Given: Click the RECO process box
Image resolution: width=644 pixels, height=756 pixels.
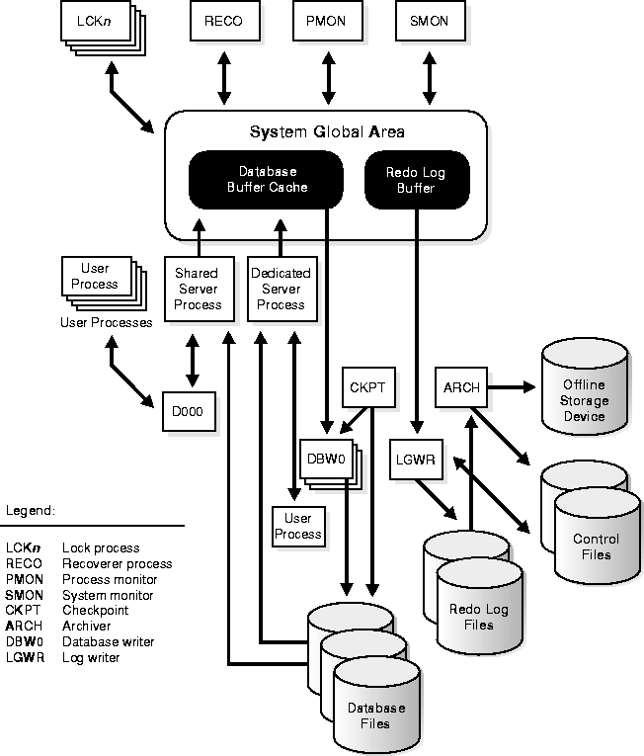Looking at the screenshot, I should pos(223,22).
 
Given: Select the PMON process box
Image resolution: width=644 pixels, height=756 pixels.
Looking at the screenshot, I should pos(326,22).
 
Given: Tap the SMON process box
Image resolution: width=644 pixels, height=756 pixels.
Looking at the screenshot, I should pos(427,22).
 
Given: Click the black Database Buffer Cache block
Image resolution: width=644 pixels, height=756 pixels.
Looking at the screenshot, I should pos(267,179).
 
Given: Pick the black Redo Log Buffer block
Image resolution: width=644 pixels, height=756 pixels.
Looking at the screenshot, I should pos(416,179).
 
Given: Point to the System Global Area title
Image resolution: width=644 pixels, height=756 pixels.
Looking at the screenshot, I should pos(326,131).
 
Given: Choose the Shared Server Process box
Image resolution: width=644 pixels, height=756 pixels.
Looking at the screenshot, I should pos(198,289).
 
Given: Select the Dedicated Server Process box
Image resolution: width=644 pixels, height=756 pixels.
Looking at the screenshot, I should pos(281,289).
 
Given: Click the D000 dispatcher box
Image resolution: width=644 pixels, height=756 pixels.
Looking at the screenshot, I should pos(188,411).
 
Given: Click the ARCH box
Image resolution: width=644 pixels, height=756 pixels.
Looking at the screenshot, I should pos(461,387).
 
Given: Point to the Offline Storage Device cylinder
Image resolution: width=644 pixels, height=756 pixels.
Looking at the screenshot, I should pos(585,401).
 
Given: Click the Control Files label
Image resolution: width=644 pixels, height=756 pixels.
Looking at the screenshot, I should pos(597,546).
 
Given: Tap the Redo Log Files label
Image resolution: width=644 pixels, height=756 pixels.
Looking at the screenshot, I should pos(478,617).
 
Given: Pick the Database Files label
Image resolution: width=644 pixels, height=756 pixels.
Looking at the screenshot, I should pos(375,715).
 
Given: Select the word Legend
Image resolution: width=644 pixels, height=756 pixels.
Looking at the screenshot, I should pos(31,511).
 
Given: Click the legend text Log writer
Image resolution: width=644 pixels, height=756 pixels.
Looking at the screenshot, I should pos(91,657).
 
